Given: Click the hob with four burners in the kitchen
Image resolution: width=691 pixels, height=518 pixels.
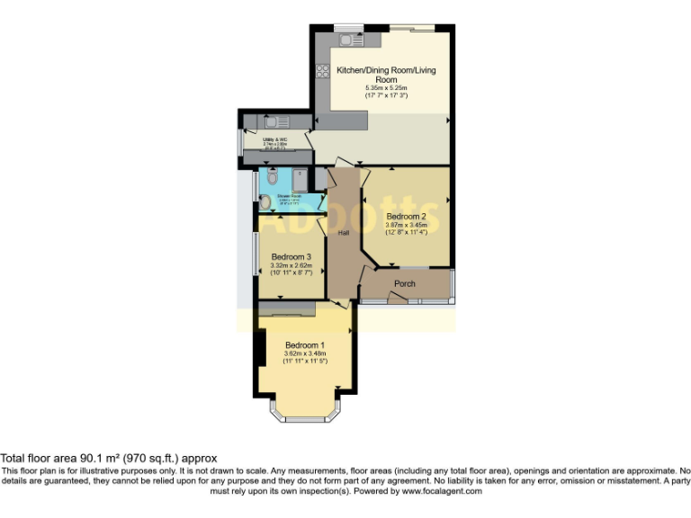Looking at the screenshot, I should tap(323, 70).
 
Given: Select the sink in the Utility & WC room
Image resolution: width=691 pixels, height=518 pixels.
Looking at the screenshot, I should tap(274, 121).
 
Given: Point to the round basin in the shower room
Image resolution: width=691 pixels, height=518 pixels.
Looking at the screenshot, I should tap(265, 201).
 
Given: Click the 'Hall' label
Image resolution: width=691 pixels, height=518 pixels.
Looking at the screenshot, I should tap(343, 233).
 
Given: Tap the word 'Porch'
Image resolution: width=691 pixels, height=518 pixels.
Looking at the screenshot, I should tap(405, 283).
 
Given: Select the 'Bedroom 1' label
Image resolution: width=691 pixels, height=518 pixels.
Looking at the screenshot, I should tap(304, 345).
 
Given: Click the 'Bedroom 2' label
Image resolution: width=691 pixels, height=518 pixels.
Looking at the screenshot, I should tap(406, 217).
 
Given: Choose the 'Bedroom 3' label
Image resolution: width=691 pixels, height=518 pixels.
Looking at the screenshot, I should tap(291, 255).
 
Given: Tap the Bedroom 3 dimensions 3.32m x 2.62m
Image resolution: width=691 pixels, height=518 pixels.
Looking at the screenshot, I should tap(291, 265).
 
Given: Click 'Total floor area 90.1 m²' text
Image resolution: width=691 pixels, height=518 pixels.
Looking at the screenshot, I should tap(108, 459).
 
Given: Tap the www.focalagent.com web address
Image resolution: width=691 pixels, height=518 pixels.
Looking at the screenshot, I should tap(442, 492).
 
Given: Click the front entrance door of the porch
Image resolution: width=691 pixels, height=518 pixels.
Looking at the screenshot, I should tap(395, 299).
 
